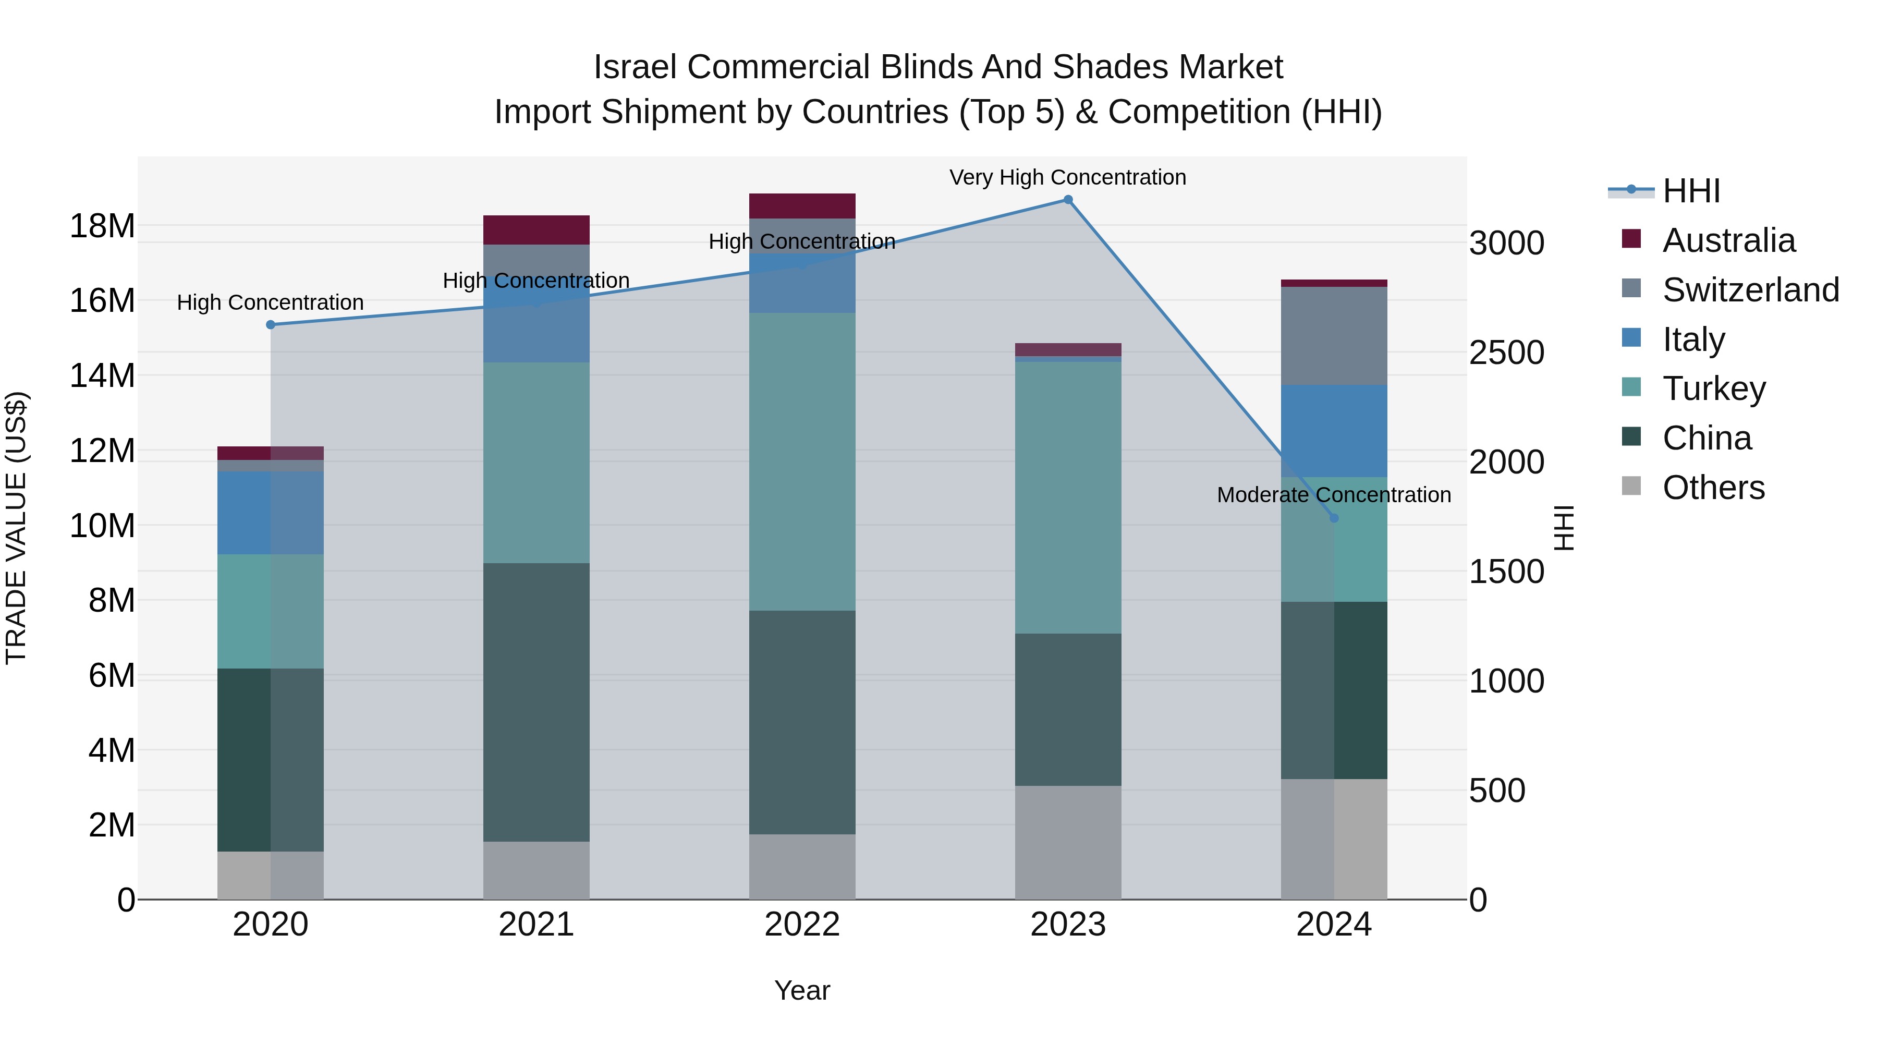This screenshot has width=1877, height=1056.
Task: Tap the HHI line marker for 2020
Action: point(270,324)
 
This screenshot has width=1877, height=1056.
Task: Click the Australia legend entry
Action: point(1728,240)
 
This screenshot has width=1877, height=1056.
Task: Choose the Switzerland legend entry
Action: point(1750,290)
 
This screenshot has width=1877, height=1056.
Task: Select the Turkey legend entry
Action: point(1714,389)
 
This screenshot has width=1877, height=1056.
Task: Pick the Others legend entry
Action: point(1713,488)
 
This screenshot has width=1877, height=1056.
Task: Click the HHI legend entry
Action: point(1690,191)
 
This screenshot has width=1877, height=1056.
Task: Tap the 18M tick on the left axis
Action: point(102,226)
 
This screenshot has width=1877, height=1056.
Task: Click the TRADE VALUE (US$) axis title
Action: point(16,528)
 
